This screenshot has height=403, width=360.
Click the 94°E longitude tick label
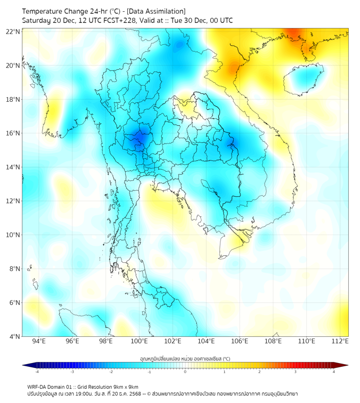[39, 341]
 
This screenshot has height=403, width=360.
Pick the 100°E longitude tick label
[140, 341]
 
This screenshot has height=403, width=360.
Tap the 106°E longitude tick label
[240, 341]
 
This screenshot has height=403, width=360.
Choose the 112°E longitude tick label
[340, 341]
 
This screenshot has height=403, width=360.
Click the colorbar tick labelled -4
[37, 372]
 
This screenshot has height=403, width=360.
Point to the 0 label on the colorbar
[185, 372]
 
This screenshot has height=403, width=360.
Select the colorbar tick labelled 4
[334, 372]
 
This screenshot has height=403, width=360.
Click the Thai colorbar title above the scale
[185, 358]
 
